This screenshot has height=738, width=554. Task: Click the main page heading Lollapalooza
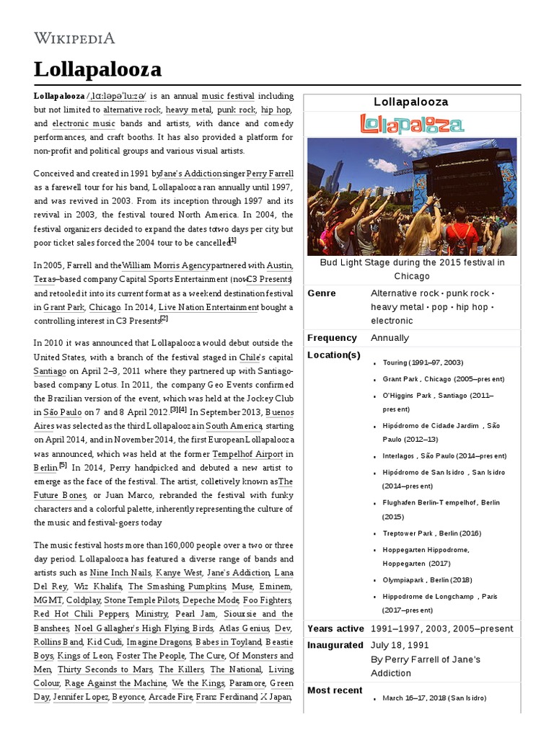click(97, 70)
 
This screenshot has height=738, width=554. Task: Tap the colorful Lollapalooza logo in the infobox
click(411, 124)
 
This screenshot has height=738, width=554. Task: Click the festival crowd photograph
click(411, 196)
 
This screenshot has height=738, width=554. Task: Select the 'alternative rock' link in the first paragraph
click(132, 110)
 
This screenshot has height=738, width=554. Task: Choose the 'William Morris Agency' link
click(168, 265)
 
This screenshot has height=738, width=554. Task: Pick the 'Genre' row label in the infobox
click(322, 293)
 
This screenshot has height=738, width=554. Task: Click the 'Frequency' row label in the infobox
click(332, 337)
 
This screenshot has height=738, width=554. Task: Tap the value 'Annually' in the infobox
click(390, 337)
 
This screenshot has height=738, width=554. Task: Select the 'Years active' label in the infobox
click(335, 628)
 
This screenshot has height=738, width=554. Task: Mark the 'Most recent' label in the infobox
click(335, 690)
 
